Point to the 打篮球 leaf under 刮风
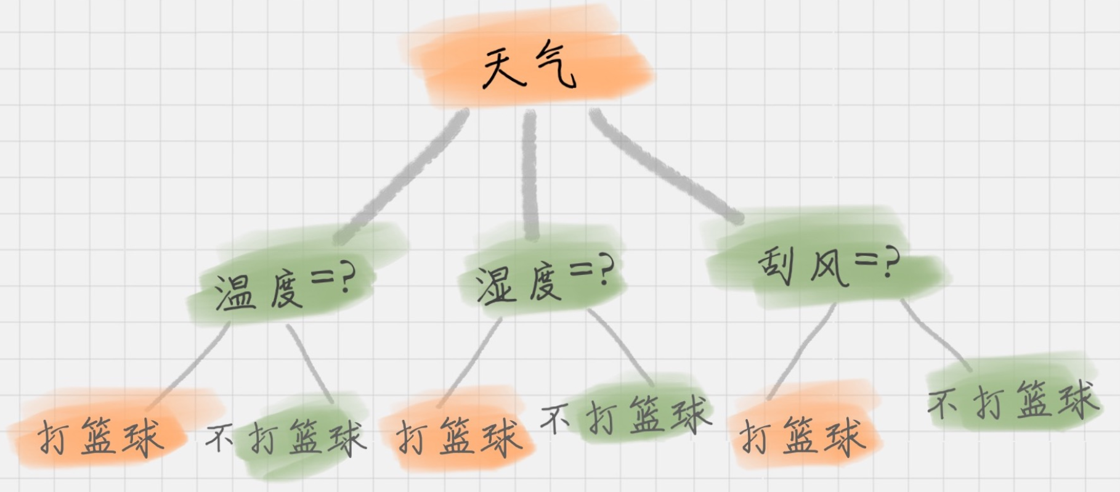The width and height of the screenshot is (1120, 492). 801,435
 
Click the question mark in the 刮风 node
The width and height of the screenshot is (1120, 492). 890,263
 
